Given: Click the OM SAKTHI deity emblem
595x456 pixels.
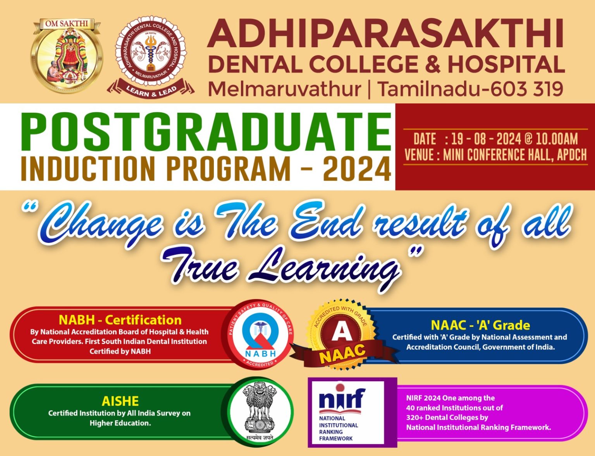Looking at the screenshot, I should pyautogui.click(x=67, y=55).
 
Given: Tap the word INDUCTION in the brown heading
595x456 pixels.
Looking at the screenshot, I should pyautogui.click(x=88, y=169).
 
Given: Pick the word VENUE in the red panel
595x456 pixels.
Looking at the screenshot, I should pyautogui.click(x=419, y=155).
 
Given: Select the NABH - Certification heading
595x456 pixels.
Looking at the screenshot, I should pyautogui.click(x=120, y=320).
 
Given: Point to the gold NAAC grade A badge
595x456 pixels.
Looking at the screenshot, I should pyautogui.click(x=342, y=333).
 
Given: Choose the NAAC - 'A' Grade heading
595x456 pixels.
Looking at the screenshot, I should pyautogui.click(x=480, y=325).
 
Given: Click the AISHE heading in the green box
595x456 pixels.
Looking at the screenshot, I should pyautogui.click(x=120, y=401).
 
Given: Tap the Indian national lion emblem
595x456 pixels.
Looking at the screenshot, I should pyautogui.click(x=260, y=412).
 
